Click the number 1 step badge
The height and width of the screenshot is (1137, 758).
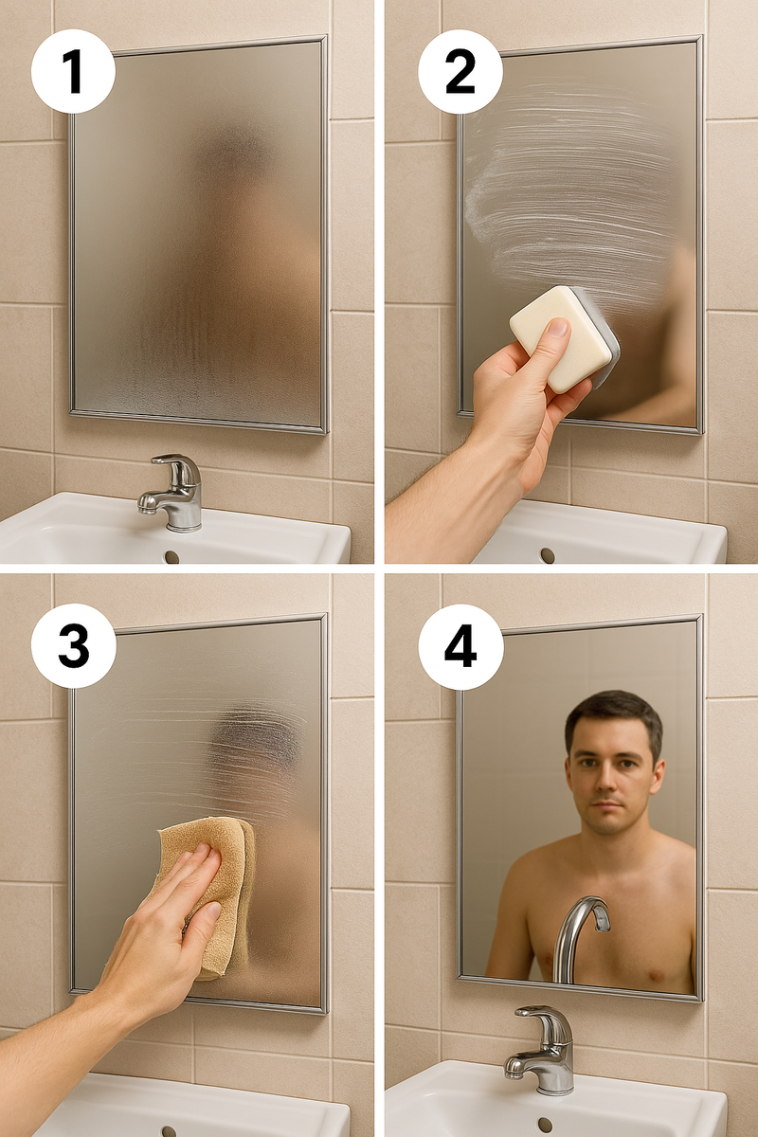point(73,71)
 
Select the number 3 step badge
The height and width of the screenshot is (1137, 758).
point(74,645)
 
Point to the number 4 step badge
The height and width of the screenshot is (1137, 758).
point(460,646)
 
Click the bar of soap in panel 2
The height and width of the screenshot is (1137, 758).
point(564,338)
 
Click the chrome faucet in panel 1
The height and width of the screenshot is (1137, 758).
point(172,492)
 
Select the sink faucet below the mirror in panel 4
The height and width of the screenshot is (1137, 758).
point(542,1050)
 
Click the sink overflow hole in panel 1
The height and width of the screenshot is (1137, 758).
point(172,557)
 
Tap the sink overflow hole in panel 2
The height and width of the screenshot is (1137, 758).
point(548,554)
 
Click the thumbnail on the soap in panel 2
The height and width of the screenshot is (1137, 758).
point(558,328)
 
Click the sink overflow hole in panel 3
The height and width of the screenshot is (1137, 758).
point(169,1130)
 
